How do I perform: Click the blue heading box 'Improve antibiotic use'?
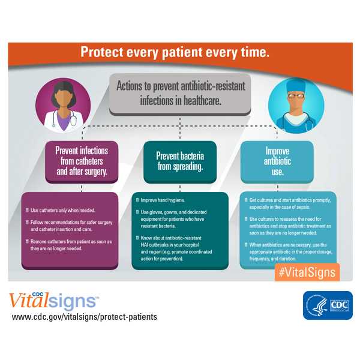point(277,161)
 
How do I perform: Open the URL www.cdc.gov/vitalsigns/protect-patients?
point(84,316)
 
